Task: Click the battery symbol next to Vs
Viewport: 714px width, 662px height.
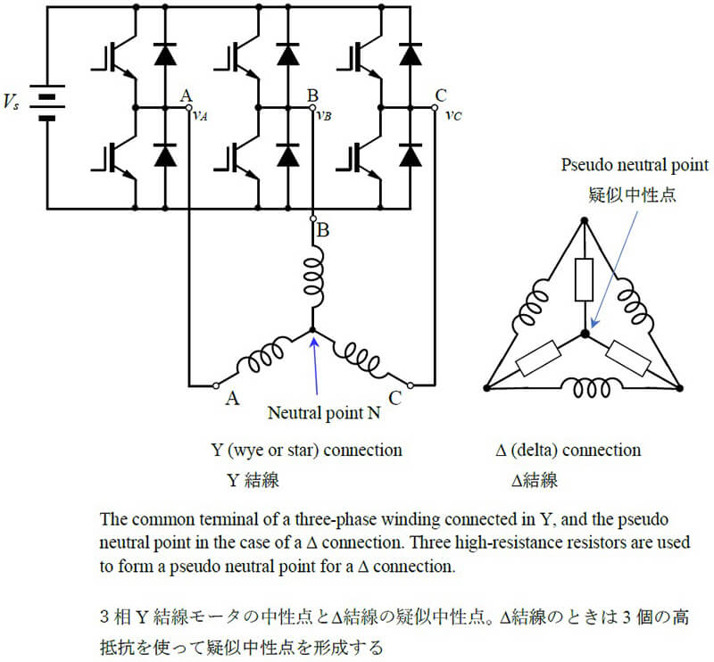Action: pyautogui.click(x=47, y=103)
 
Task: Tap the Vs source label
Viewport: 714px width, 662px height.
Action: pyautogui.click(x=12, y=102)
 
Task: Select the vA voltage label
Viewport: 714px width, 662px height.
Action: pyautogui.click(x=200, y=116)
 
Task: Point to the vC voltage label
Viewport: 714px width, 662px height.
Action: pyautogui.click(x=453, y=115)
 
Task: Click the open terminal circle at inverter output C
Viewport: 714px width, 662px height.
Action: pyautogui.click(x=435, y=108)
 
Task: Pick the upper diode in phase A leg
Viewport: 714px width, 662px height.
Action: pyautogui.click(x=165, y=54)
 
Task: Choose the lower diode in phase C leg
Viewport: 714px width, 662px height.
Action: pyautogui.click(x=411, y=155)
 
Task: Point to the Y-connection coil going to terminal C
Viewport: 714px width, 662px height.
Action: pyautogui.click(x=359, y=357)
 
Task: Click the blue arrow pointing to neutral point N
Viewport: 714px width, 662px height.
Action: pyautogui.click(x=315, y=366)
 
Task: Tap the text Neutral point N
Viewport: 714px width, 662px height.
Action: pyautogui.click(x=324, y=413)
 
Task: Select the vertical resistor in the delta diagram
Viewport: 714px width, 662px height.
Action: pyautogui.click(x=585, y=279)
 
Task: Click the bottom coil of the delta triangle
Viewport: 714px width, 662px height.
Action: pyautogui.click(x=592, y=388)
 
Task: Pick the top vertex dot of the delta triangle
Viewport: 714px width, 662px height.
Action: pyautogui.click(x=585, y=220)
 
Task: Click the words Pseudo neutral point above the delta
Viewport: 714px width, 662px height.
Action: pyautogui.click(x=635, y=165)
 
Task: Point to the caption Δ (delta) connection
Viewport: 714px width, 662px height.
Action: pyautogui.click(x=569, y=451)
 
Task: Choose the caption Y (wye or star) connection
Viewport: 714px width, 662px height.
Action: pyautogui.click(x=306, y=451)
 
